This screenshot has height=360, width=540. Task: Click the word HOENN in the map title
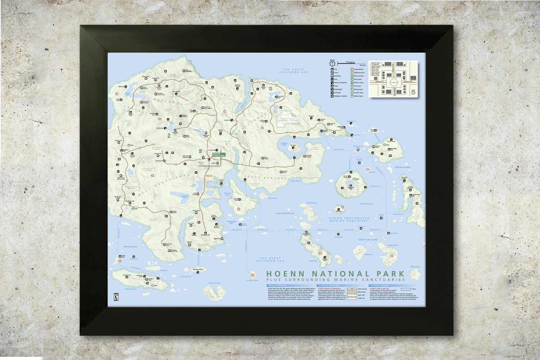point(286,274)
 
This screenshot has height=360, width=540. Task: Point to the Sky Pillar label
point(338,211)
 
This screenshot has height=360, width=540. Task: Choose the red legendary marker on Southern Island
point(253,275)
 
